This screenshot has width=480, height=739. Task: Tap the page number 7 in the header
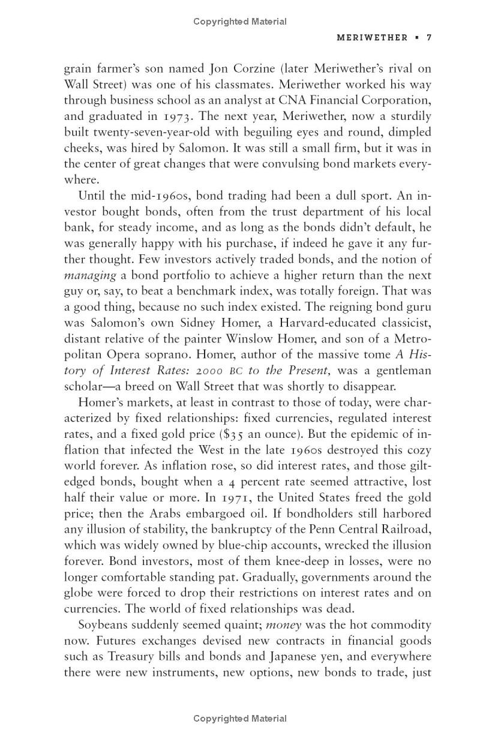click(x=429, y=37)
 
